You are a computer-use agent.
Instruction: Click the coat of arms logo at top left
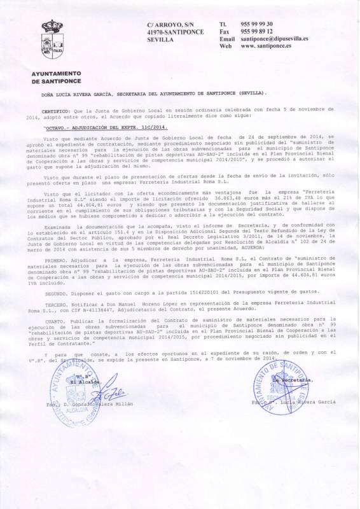point(52,39)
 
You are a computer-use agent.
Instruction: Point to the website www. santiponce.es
point(267,46)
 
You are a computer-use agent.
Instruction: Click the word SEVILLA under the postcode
point(160,39)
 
